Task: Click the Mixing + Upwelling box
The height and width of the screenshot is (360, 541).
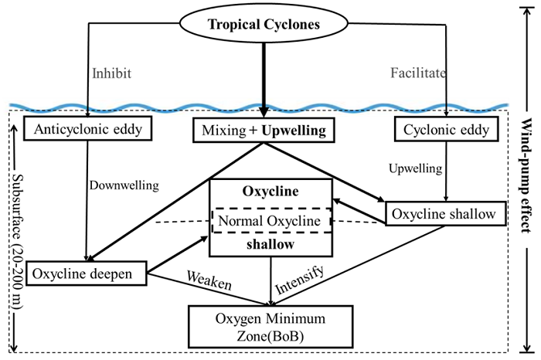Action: pos(264,130)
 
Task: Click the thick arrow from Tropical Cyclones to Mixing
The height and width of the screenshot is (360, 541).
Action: pos(264,77)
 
